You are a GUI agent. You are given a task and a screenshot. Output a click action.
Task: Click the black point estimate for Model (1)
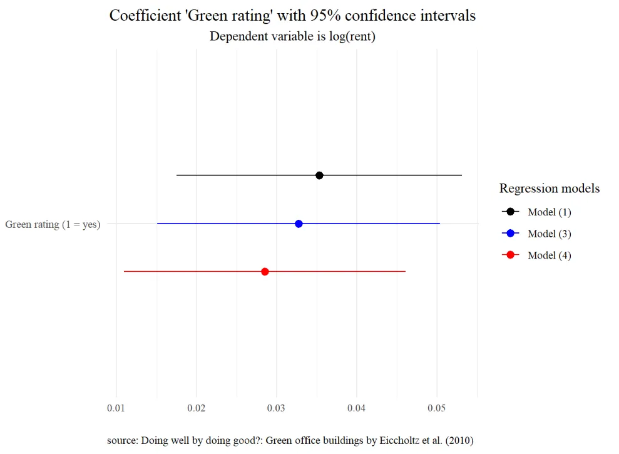319,175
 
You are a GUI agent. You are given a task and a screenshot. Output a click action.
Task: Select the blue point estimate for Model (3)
299,224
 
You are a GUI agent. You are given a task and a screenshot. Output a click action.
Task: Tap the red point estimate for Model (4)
265,272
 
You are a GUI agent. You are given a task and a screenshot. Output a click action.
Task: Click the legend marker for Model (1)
510,212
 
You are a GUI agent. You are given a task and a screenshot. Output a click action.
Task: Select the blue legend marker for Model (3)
510,234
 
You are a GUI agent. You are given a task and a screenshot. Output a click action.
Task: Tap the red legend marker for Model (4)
510,255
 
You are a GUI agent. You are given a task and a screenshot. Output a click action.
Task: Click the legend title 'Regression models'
550,188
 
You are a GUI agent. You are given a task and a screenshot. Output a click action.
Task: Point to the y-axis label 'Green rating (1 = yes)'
53,224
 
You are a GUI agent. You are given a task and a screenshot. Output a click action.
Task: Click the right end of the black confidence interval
461,175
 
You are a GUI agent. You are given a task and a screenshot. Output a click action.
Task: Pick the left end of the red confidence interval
125,272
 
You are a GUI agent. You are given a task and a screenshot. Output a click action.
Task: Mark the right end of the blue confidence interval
439,224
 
